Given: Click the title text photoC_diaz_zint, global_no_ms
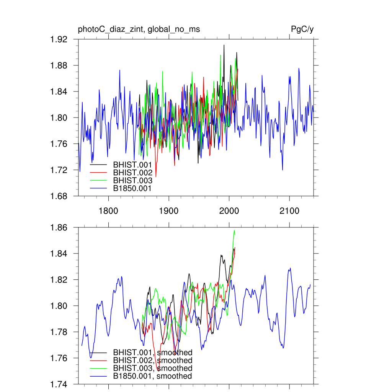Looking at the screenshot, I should [x=139, y=29].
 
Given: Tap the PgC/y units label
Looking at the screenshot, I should [x=302, y=29].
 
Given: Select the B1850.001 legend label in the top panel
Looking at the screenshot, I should [x=132, y=188].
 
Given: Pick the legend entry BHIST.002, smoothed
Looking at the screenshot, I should [x=152, y=360].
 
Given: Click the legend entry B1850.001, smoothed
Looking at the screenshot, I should [x=152, y=376].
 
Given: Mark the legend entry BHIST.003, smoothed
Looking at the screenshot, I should [x=152, y=368].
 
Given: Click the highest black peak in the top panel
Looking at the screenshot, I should [x=224, y=45].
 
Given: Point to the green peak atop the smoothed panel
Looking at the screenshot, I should [x=234, y=230].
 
